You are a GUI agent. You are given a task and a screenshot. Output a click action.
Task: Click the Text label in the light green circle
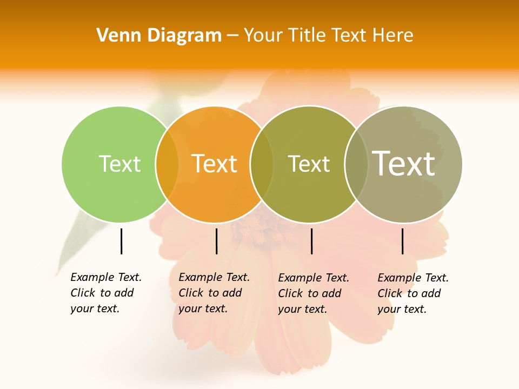[x=119, y=164]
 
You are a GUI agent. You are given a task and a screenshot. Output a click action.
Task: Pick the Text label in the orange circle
[x=214, y=164]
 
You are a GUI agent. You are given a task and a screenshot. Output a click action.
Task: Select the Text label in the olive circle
[x=309, y=164]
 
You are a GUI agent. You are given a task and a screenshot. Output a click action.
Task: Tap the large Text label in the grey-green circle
[x=404, y=163]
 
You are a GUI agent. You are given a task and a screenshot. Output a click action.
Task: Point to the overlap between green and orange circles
[x=167, y=164]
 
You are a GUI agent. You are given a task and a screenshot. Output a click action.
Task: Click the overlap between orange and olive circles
[x=262, y=164]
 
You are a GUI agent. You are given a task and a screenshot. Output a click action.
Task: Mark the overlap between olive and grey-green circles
[x=356, y=164]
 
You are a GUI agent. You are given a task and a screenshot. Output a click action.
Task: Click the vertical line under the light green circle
[x=121, y=241]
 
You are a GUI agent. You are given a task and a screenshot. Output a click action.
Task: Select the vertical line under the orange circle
[x=216, y=241]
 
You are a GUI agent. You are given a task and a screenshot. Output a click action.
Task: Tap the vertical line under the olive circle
[x=311, y=241]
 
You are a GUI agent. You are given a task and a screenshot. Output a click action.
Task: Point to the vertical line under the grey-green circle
[x=402, y=241]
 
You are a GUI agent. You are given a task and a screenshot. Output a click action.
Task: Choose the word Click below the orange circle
[x=191, y=293]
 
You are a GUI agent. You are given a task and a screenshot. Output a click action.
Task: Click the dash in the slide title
[x=232, y=36]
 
